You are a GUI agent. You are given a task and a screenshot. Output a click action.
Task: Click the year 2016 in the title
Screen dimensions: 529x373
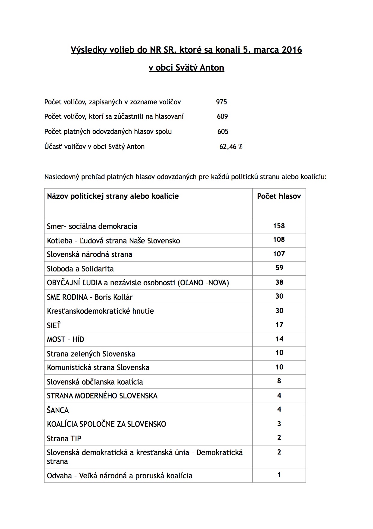(292, 49)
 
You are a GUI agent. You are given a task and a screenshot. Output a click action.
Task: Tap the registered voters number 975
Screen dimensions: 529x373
(221, 102)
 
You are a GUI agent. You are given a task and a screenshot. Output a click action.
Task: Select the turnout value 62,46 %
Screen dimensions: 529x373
(231, 147)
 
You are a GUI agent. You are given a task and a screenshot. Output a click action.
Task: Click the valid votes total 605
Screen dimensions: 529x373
(223, 131)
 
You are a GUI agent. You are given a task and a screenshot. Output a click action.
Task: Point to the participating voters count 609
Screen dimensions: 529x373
(222, 116)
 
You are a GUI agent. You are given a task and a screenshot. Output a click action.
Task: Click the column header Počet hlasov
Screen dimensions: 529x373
(279, 196)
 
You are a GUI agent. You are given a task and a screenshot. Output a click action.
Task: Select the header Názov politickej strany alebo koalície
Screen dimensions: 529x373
(113, 196)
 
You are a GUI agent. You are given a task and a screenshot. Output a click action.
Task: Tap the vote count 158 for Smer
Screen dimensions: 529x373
(279, 226)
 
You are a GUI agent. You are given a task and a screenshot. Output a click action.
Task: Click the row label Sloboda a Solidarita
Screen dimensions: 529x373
(80, 269)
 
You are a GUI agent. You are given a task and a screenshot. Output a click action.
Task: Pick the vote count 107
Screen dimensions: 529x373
(279, 254)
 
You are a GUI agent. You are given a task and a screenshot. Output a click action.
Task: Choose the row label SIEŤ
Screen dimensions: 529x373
(54, 325)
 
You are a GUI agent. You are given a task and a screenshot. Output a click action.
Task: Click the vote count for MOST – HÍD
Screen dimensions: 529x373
(279, 339)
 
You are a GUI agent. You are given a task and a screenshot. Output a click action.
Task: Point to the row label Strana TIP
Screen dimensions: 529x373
(64, 439)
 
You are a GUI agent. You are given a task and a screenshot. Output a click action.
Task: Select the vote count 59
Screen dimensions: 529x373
(279, 268)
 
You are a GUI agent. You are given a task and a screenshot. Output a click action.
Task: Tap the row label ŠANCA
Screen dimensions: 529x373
(58, 410)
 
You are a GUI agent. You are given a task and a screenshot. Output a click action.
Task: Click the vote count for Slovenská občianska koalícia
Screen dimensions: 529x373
(279, 381)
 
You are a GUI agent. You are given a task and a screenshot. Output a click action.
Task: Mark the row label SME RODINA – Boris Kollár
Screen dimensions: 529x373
(90, 297)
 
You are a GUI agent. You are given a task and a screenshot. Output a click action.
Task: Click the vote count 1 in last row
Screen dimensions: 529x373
(279, 475)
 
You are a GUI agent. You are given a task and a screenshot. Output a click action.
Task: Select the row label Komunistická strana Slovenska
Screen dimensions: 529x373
(98, 367)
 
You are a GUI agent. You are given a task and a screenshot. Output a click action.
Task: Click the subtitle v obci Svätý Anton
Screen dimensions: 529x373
(186, 68)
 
